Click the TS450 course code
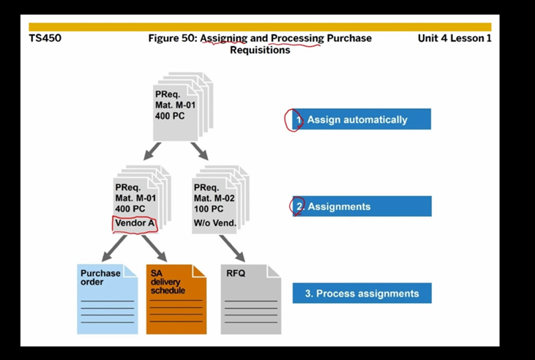[45, 38]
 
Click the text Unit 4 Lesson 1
[454, 38]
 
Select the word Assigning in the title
[223, 38]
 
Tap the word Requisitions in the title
[260, 50]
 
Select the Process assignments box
[362, 293]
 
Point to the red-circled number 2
[298, 206]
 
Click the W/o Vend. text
[215, 222]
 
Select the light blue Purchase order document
[107, 300]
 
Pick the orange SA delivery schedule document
[176, 300]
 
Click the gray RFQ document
[250, 300]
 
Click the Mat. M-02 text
[214, 198]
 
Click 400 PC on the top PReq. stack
[170, 116]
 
